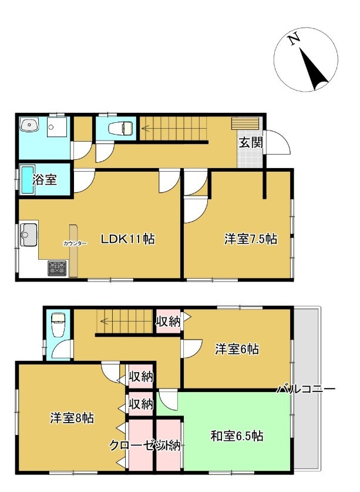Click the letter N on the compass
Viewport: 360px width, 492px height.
coord(294,40)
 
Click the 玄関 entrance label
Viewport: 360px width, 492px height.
coord(251,143)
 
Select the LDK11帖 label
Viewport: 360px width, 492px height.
coord(127,239)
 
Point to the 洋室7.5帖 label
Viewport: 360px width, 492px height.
coord(251,239)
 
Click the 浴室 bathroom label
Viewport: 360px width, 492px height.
coord(45,179)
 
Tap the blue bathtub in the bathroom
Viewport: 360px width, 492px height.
coord(27,180)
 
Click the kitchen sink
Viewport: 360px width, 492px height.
coord(29,235)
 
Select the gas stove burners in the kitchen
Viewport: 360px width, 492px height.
coord(57,268)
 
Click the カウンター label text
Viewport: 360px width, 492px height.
coord(75,243)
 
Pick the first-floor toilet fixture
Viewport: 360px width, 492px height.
coord(121,128)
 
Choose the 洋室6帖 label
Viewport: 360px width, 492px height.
coord(237,349)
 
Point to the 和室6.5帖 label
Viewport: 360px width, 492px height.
coord(237,436)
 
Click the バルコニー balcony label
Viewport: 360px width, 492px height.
coord(306,389)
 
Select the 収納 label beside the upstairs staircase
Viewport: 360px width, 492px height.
coord(169,321)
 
